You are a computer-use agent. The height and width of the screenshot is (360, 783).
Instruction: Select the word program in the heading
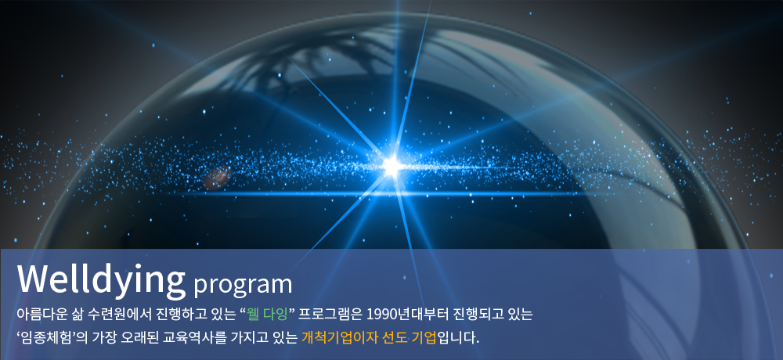click(x=243, y=285)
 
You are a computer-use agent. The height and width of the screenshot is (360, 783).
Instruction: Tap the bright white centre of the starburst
click(x=392, y=166)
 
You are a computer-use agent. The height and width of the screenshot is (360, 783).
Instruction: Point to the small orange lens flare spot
click(x=217, y=177)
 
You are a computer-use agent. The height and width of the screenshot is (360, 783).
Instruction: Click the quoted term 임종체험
click(x=45, y=337)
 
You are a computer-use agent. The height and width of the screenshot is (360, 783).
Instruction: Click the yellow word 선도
click(x=393, y=337)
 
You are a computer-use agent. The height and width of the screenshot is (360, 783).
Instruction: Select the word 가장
click(x=101, y=337)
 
